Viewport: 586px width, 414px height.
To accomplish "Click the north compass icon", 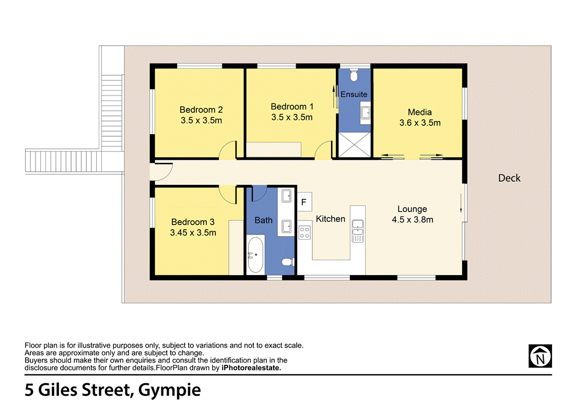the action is coord(540,356).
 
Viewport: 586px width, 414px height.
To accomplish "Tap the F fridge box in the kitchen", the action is coord(304,202).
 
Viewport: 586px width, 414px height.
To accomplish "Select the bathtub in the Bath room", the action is coord(255,254).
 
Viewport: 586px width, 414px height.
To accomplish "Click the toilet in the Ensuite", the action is coord(354,76).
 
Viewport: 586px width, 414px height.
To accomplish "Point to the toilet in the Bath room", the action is coord(288,262).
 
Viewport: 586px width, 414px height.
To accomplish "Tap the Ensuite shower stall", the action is coord(354,145).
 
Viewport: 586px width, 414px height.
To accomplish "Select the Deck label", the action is coord(509,178).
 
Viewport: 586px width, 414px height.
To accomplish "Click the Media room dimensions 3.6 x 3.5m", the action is coord(420,123).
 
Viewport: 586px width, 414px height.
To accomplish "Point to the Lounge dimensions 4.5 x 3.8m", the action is coord(413,220).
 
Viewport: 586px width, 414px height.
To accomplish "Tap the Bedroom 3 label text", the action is coord(193,222).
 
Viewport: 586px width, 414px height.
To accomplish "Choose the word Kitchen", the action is coord(331,219).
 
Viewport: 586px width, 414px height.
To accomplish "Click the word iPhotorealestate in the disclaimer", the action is coord(251,368).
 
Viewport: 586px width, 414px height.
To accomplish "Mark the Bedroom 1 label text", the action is coord(292,107).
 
